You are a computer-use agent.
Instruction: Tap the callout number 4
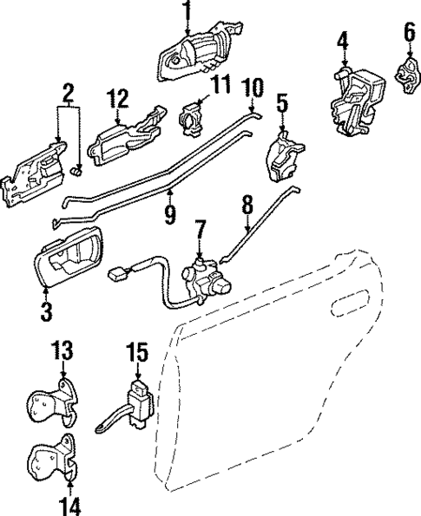click(343, 41)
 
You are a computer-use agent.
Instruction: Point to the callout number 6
click(409, 34)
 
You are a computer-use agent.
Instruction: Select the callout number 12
click(120, 98)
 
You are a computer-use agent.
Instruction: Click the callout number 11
click(220, 86)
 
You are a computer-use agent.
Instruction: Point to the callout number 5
click(282, 103)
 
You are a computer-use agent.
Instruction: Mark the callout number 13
click(62, 352)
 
